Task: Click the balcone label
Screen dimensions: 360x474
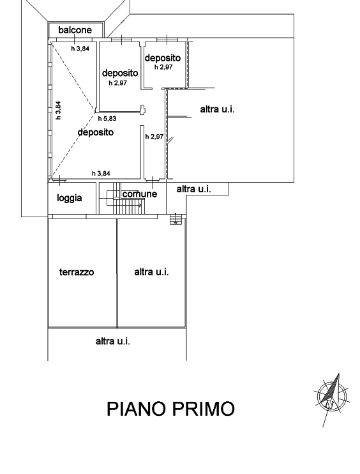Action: (x=75, y=30)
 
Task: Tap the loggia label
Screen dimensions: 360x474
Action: (x=70, y=198)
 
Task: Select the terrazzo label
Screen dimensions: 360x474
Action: (x=77, y=272)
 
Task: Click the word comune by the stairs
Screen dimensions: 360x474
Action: (x=140, y=194)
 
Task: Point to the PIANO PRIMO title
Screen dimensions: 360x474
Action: (x=170, y=409)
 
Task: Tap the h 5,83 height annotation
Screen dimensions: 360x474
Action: (x=107, y=119)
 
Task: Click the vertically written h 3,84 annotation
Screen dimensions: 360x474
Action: (x=58, y=110)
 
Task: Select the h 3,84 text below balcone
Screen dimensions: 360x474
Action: (x=80, y=49)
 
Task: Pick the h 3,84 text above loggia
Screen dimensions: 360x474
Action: (x=101, y=173)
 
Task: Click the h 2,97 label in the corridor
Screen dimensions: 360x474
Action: (x=154, y=137)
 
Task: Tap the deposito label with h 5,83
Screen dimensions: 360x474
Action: (x=96, y=132)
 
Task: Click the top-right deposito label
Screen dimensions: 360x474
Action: (x=163, y=57)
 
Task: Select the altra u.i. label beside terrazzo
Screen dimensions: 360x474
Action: (x=151, y=271)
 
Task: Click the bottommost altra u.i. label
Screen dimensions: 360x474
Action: (x=112, y=341)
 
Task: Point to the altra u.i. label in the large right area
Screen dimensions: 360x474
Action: (x=217, y=109)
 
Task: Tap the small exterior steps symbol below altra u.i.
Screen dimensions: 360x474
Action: (x=176, y=219)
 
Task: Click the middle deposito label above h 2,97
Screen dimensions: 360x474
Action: (x=120, y=73)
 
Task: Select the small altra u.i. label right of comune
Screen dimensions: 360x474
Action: (x=193, y=189)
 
